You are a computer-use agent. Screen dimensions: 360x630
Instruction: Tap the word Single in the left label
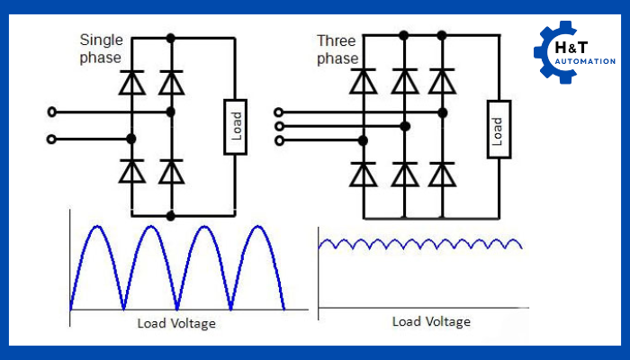pos(100,40)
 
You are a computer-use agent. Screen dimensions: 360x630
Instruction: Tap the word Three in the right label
pos(335,41)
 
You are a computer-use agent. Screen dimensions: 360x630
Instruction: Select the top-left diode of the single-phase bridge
pos(132,82)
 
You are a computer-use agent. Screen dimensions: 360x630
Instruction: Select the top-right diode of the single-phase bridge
pos(170,82)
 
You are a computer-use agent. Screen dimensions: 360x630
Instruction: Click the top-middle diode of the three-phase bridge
pos(404,82)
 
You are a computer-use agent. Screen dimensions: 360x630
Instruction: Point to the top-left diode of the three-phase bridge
pos(364,82)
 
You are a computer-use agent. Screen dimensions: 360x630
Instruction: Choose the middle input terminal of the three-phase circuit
pos(280,126)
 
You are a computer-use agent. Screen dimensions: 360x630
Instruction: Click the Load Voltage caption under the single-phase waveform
pos(176,322)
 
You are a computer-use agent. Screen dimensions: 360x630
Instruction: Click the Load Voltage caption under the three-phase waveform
pos(431,321)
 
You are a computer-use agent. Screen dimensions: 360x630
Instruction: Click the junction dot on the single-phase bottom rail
pos(170,216)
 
